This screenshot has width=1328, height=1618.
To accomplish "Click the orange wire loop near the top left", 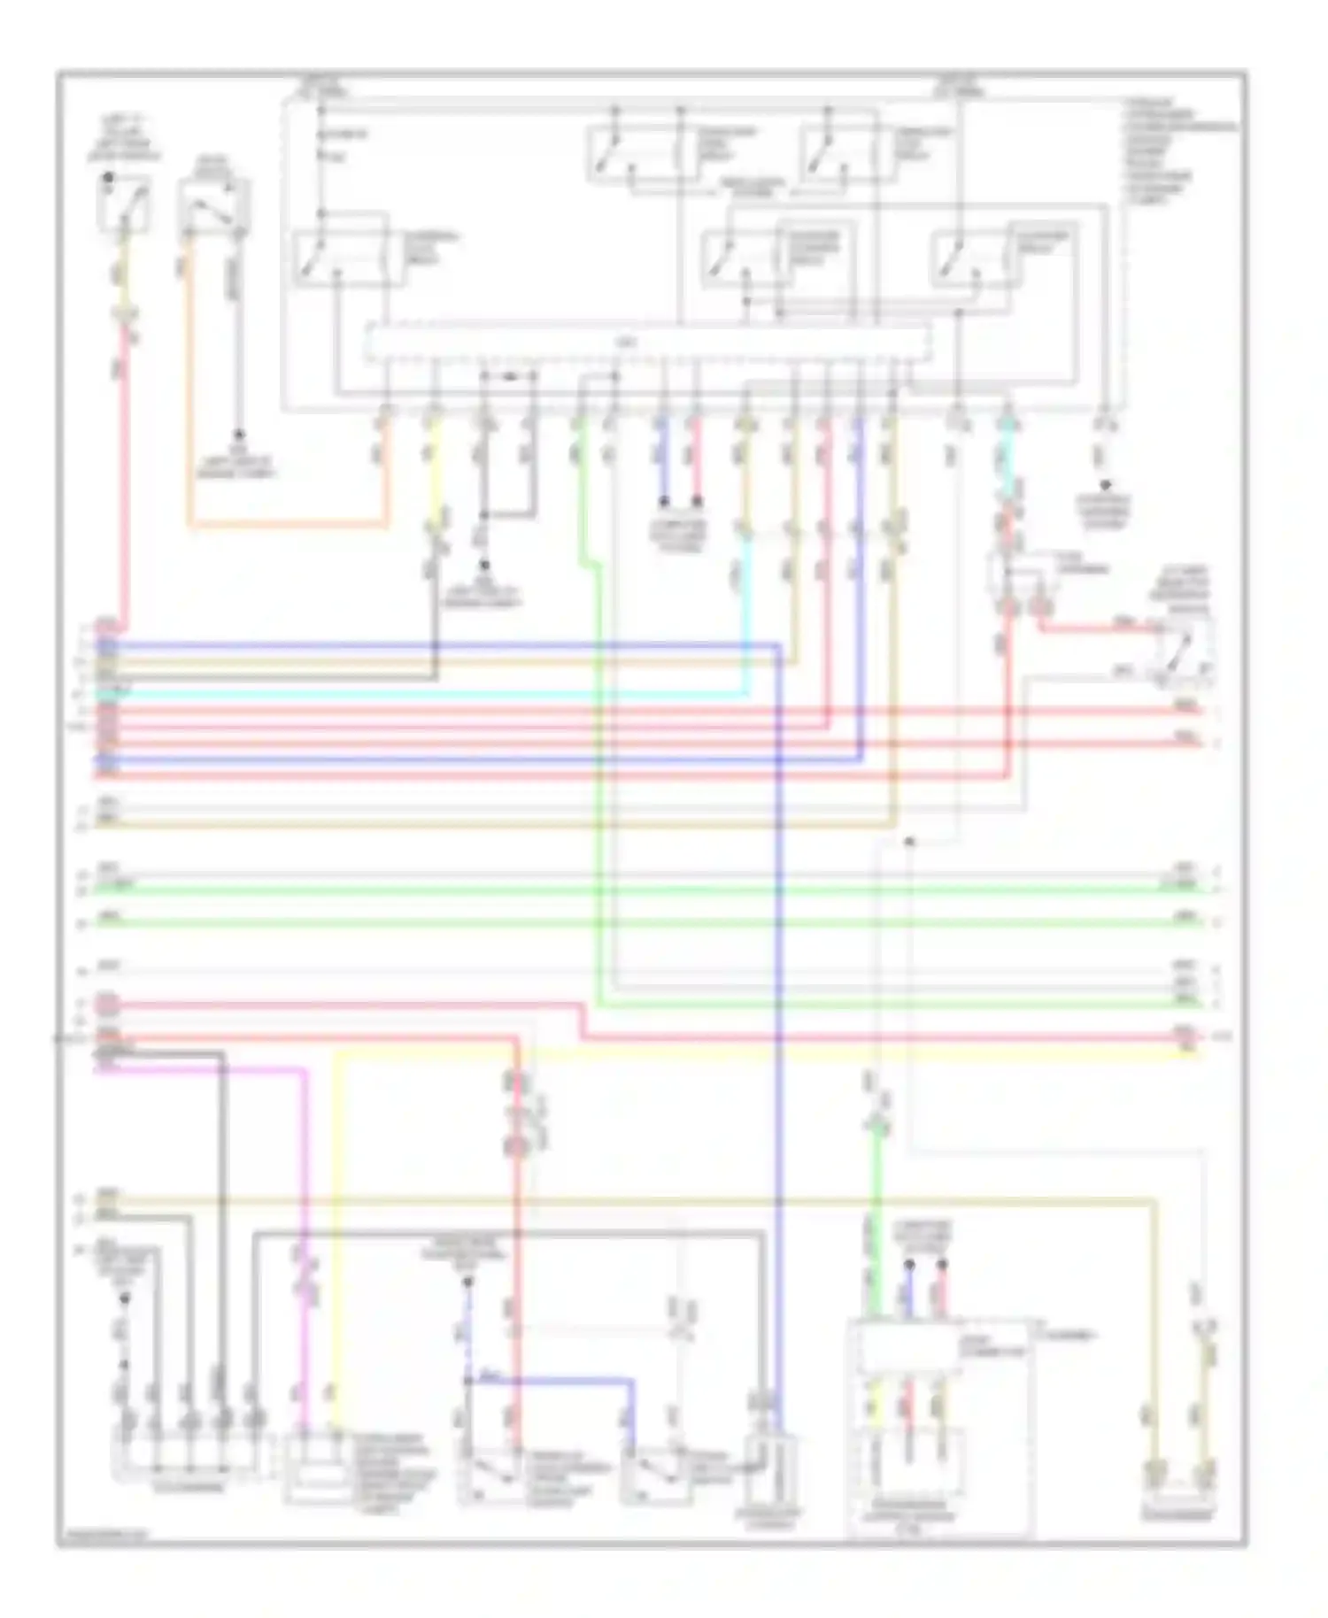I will coord(283,527).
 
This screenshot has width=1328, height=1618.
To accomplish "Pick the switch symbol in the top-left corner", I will coord(124,204).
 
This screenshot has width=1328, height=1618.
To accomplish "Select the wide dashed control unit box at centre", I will coord(648,343).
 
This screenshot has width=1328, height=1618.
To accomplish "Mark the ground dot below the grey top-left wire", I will coord(237,435).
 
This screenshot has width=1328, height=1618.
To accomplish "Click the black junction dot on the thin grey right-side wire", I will coord(909,841).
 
